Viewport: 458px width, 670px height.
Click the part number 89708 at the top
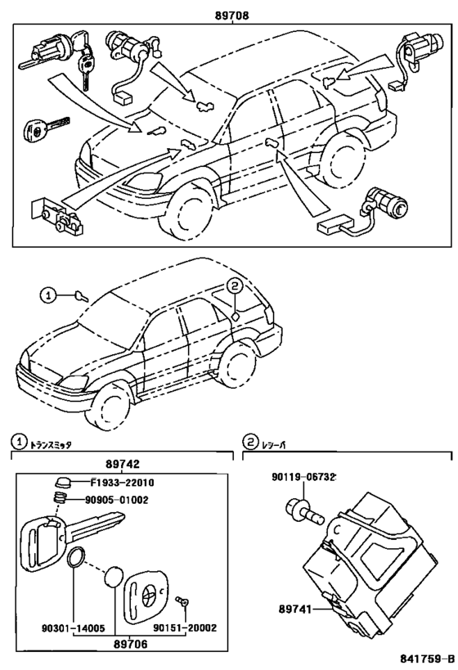coord(232,16)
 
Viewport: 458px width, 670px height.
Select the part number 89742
coord(123,465)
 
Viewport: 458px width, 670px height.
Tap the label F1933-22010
coord(122,483)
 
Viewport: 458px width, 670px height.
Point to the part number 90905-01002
coord(116,500)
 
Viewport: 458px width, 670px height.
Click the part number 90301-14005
coord(73,627)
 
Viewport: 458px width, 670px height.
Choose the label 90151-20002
coord(185,627)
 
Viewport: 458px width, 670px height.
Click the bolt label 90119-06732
coord(303,476)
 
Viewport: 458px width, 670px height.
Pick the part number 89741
coord(294,609)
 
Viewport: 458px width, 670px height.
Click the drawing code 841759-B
coord(427,658)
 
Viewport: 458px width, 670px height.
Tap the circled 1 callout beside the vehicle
coord(48,295)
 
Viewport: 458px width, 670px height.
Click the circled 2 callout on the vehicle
coord(235,286)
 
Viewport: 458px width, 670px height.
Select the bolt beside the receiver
coord(305,513)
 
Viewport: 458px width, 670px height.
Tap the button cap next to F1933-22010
coord(62,483)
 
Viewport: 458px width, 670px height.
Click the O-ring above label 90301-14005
coord(75,558)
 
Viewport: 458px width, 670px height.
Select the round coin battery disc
coord(114,578)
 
